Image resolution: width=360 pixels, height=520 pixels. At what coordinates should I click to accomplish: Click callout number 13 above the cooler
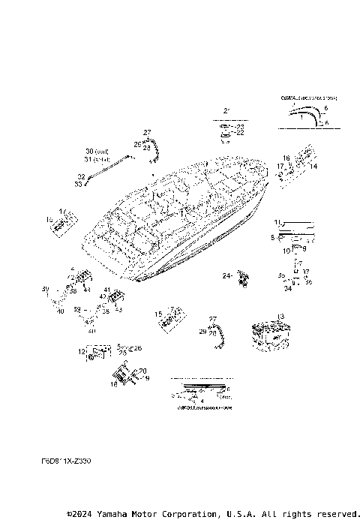click(x=280, y=317)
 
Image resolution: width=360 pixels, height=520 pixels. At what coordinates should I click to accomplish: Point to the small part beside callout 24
click(x=242, y=278)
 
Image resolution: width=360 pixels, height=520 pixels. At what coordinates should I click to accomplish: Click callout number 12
click(x=82, y=351)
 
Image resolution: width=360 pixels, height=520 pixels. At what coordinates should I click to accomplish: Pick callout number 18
click(x=114, y=383)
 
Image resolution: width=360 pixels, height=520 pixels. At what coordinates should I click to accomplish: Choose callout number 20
click(x=142, y=371)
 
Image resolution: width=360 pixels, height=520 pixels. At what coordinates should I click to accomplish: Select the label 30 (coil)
click(x=97, y=151)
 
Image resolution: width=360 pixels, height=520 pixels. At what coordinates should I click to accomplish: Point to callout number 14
click(x=313, y=165)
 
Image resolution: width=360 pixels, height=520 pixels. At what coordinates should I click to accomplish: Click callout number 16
click(x=286, y=158)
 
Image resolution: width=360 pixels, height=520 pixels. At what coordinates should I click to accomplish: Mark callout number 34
click(x=287, y=287)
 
